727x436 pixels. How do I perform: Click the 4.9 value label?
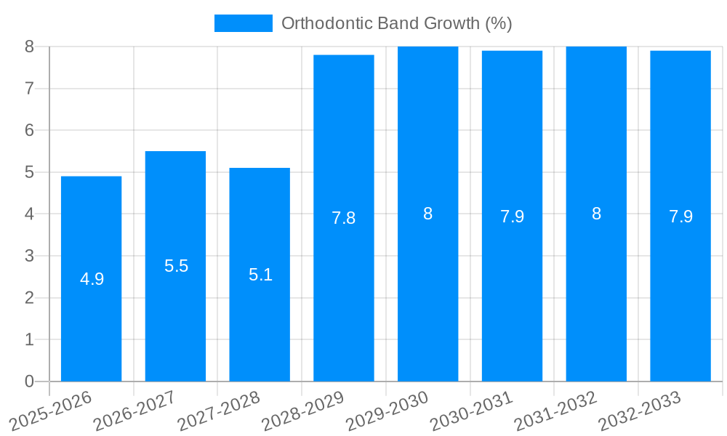pos(92,279)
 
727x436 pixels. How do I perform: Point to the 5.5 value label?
pos(176,266)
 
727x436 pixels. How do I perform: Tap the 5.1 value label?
pos(260,275)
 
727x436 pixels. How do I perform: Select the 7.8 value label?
pos(343,218)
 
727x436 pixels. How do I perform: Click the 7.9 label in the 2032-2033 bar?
pos(680,217)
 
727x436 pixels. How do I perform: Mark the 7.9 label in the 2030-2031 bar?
pos(512,217)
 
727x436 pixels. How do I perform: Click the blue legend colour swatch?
pos(243,23)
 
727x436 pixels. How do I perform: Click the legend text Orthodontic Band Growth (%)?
pos(396,23)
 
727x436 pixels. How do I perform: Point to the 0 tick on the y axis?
pos(29,381)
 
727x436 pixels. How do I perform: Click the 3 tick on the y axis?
pos(29,256)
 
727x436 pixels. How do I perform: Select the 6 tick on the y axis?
pos(29,130)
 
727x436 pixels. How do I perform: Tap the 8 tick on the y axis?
pos(29,47)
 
